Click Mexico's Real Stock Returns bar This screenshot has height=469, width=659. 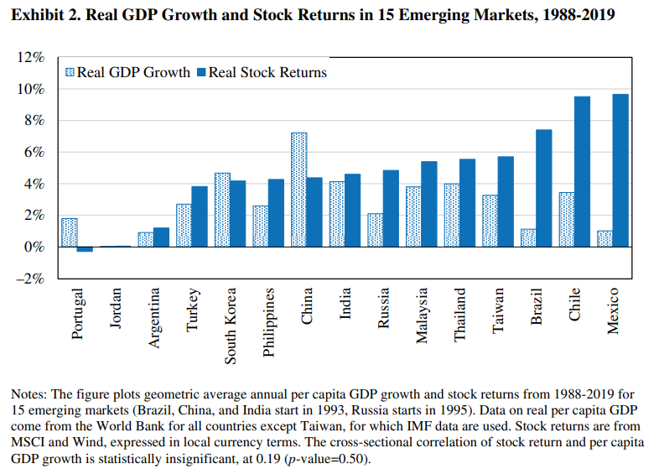(620, 170)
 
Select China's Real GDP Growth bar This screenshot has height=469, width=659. (298, 190)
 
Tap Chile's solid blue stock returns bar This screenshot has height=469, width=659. (581, 171)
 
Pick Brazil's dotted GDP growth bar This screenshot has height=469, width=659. (527, 238)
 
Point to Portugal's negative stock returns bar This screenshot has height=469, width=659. (85, 249)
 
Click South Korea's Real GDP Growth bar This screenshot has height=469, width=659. (222, 210)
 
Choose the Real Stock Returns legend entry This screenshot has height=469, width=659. (261, 72)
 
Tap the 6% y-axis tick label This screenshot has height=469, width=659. (34, 153)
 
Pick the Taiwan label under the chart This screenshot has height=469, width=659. (499, 311)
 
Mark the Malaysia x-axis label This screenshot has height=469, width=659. (423, 315)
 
